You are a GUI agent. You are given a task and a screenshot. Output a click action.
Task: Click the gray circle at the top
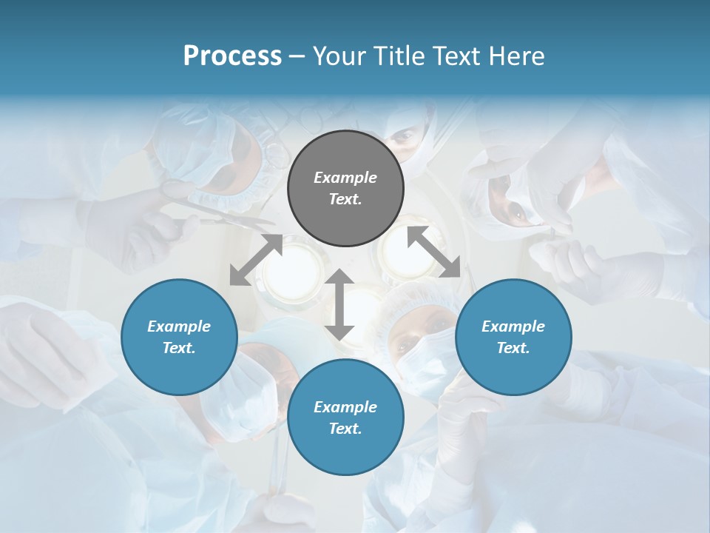click(x=345, y=188)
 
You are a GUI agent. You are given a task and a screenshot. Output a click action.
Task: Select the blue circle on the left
click(x=179, y=337)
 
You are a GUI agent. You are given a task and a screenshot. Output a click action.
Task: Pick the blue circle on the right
click(x=513, y=337)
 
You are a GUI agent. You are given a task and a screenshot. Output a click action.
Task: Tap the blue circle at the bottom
click(x=345, y=418)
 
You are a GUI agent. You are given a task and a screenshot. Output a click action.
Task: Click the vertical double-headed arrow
click(x=339, y=304)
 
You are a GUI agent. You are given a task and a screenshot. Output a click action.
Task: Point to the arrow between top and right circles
click(x=433, y=252)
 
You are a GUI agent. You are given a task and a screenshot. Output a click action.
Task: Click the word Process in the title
click(x=232, y=56)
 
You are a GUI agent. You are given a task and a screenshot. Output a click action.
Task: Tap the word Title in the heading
click(x=398, y=56)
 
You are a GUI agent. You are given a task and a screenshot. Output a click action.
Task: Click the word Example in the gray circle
click(x=345, y=178)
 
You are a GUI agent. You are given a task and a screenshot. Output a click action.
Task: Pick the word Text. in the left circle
click(x=179, y=348)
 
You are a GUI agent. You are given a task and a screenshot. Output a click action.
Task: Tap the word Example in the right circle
click(x=513, y=326)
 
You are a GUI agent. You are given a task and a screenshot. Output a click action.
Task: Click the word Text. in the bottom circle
click(x=345, y=429)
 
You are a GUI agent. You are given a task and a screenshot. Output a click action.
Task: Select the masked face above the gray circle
click(x=407, y=141)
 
